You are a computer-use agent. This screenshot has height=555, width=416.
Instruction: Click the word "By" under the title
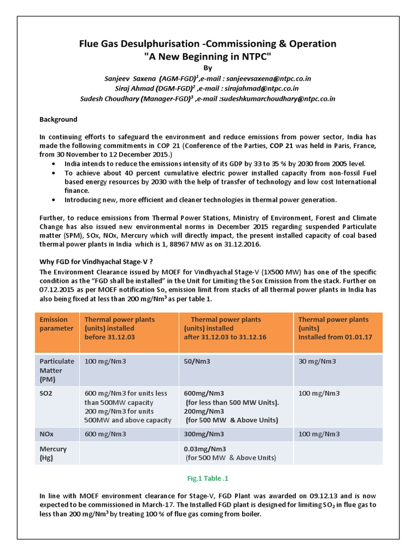208,68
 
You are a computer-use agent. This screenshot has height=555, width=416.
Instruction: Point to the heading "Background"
58,119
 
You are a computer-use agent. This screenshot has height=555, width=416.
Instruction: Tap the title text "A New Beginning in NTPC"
208,57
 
